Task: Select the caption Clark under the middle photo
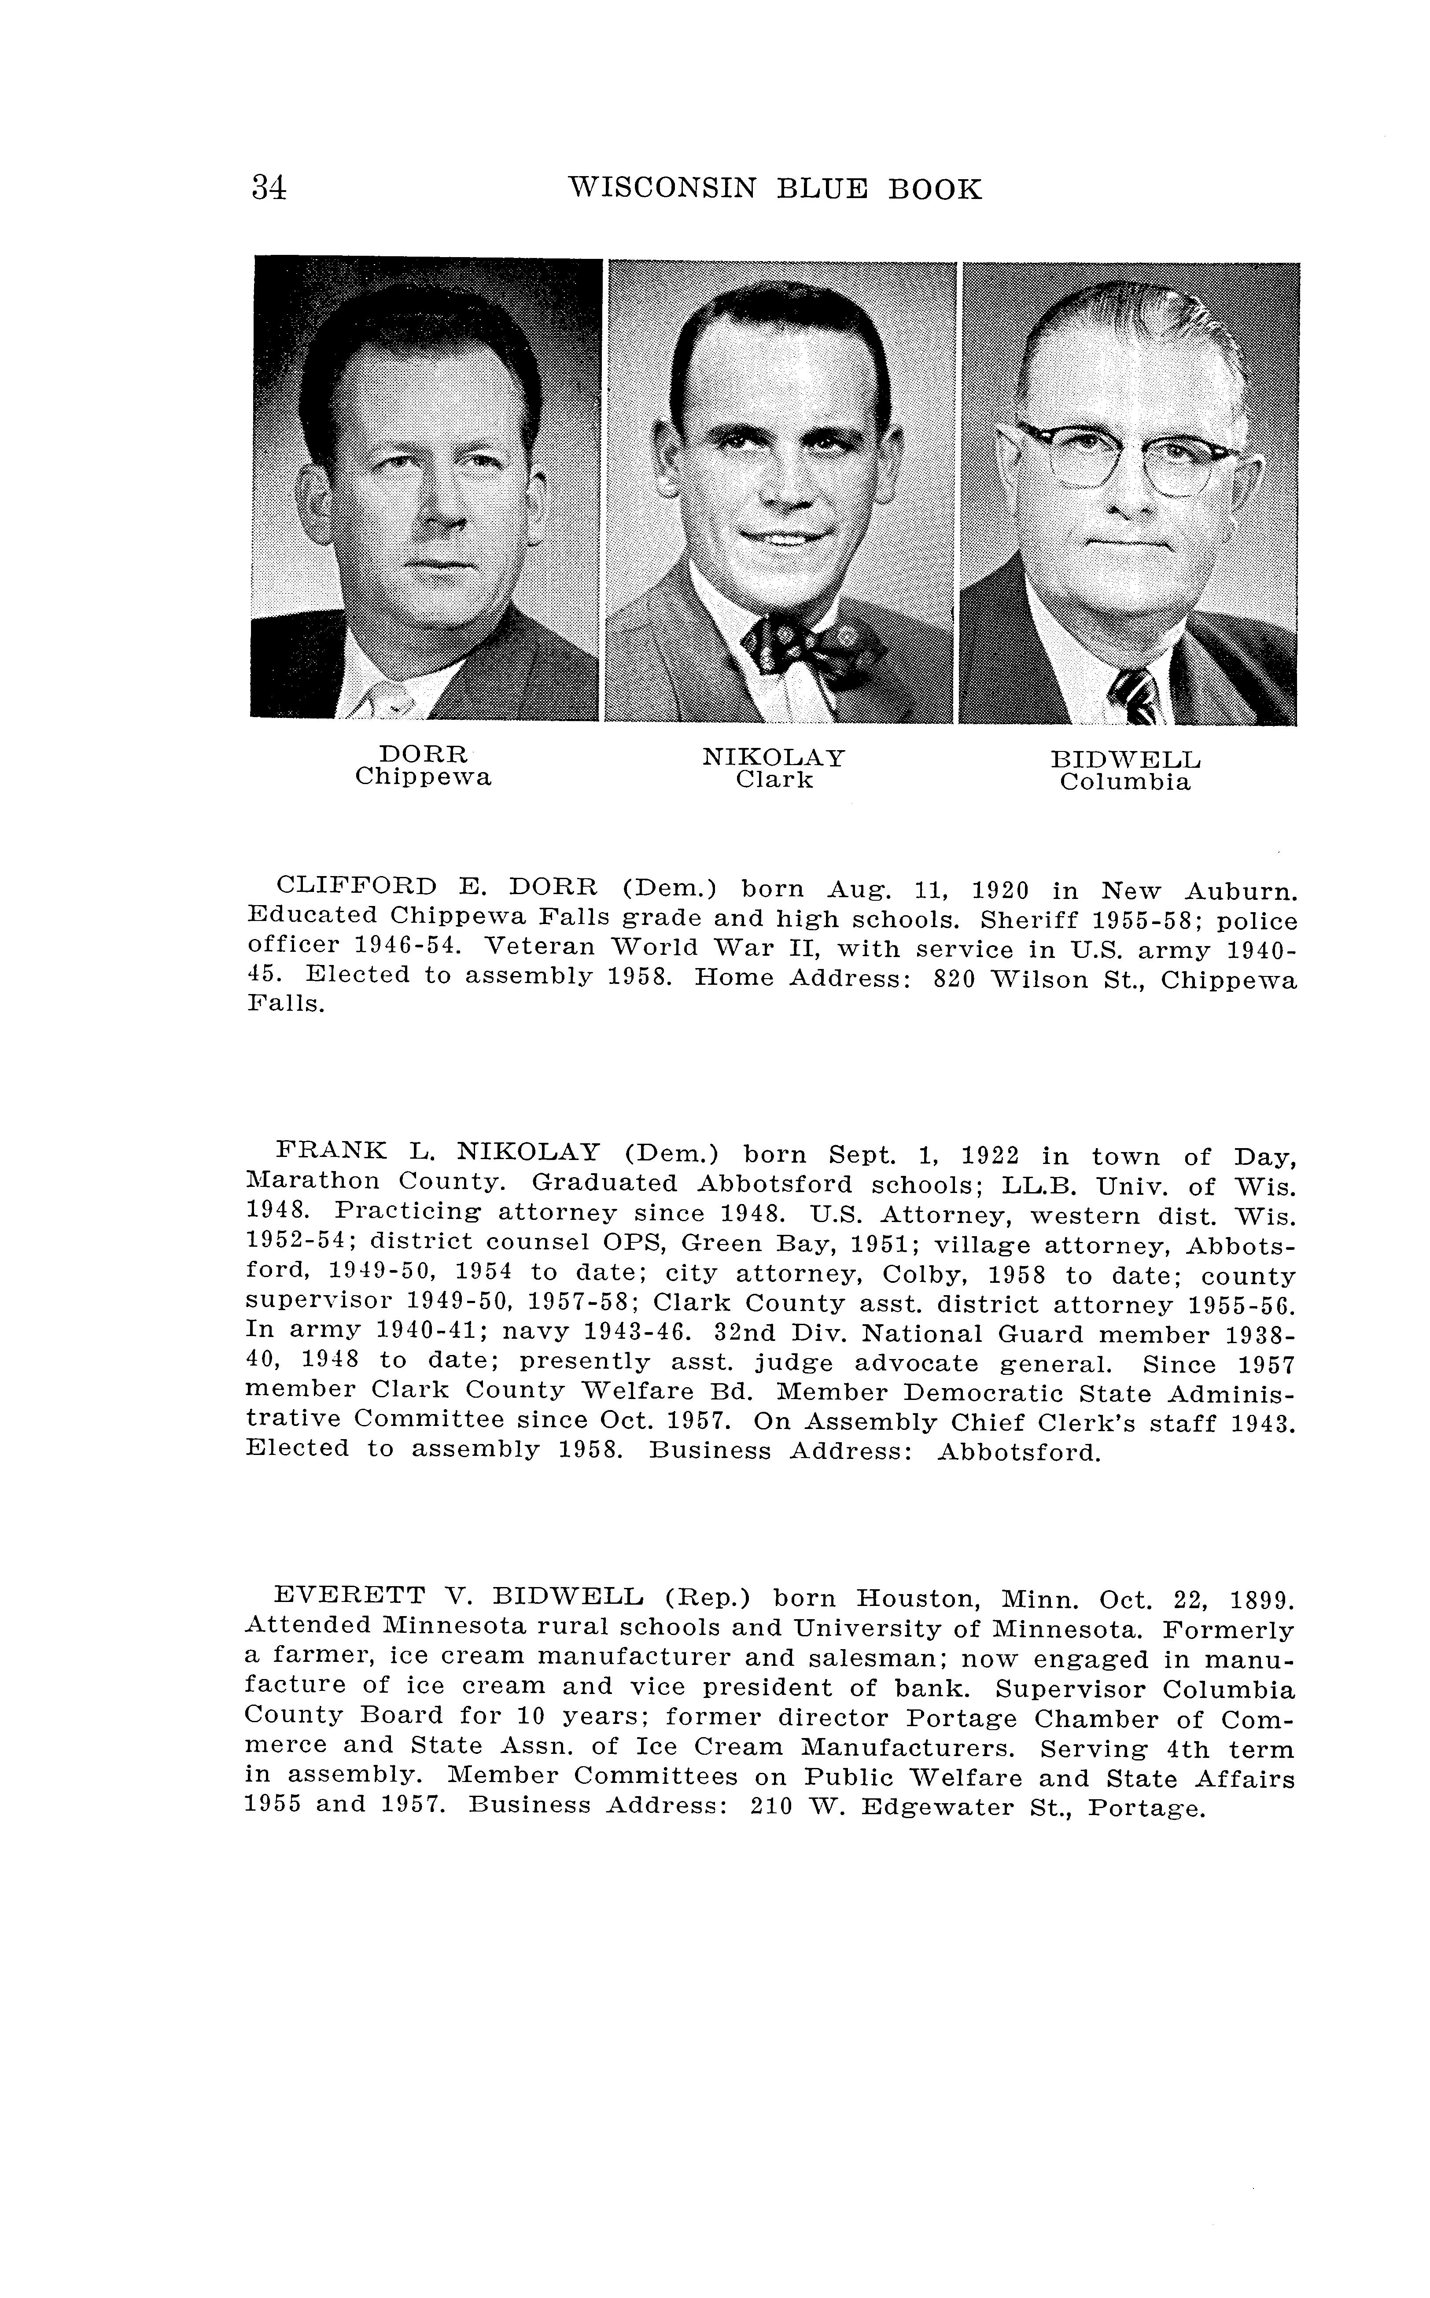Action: (x=774, y=780)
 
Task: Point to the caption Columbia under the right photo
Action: (x=1124, y=783)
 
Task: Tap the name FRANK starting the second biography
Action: (x=332, y=1151)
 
